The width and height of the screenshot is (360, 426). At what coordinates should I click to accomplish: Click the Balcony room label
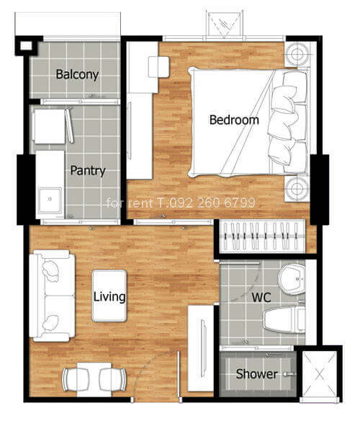77,74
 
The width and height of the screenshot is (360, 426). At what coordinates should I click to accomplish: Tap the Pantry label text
88,171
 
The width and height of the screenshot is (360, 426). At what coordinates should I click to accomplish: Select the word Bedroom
234,120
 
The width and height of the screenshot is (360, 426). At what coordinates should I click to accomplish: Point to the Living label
109,297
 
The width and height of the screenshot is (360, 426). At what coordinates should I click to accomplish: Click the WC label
261,298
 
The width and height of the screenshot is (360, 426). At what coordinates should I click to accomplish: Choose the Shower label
256,374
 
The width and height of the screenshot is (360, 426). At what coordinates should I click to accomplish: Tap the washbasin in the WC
292,279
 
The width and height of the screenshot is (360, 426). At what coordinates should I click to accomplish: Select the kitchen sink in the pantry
50,200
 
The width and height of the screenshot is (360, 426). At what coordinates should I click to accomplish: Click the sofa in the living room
52,296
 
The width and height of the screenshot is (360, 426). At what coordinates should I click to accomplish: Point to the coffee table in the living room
109,296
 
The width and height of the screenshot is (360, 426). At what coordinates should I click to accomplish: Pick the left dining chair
76,380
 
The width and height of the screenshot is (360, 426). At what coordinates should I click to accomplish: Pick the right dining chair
112,380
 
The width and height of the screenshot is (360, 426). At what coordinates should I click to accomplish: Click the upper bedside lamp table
297,54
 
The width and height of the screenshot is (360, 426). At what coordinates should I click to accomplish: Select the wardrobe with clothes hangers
262,236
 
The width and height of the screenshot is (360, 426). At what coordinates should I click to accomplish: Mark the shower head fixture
288,374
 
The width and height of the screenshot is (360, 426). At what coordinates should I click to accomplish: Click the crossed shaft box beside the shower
320,374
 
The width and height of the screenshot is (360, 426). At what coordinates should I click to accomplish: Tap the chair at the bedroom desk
159,67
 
